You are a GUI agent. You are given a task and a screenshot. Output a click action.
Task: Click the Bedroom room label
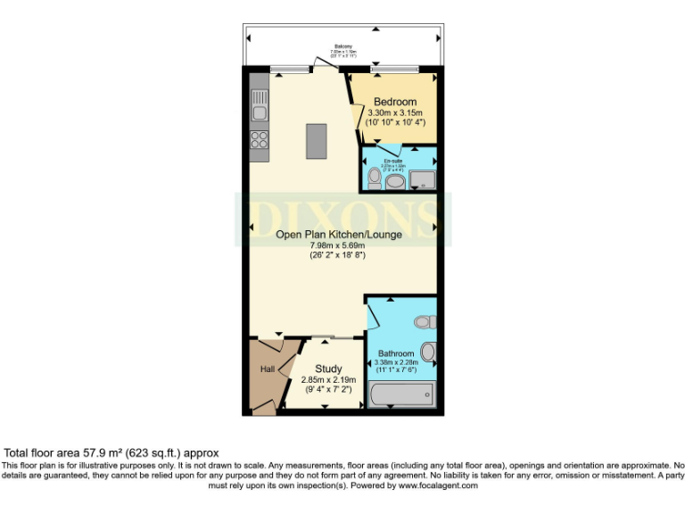392,101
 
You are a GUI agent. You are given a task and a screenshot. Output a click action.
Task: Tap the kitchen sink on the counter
259,112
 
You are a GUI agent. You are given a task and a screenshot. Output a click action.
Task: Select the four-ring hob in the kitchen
259,140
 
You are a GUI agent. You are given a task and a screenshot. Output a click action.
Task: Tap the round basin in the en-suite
395,182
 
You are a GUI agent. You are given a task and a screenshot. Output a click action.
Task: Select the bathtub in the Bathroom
401,394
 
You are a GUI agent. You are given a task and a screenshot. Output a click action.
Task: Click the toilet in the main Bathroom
425,321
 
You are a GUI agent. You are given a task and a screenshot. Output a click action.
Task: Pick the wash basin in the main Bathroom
428,352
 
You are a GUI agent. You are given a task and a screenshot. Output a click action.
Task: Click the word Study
329,369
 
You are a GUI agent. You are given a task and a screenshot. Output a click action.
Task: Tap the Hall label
267,369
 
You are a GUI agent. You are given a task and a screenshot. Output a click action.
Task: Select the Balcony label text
343,46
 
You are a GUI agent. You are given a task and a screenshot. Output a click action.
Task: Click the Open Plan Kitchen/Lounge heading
338,235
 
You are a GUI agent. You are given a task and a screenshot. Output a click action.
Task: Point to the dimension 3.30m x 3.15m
392,112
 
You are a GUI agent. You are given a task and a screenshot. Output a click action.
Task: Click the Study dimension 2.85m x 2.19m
329,380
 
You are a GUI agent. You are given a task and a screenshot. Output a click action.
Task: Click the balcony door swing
320,63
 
